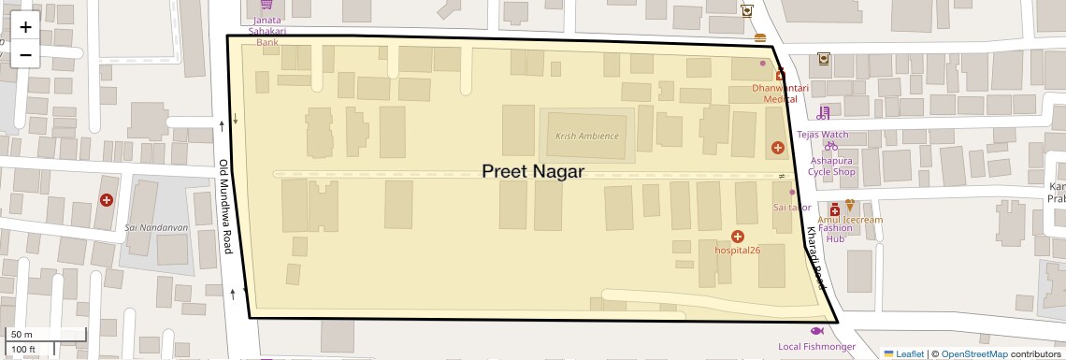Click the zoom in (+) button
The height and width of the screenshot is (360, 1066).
pos(25,27)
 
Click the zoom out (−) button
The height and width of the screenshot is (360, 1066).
pos(25,53)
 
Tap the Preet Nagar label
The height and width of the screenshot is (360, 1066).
pos(533,172)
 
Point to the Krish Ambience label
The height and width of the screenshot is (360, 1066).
pos(587,136)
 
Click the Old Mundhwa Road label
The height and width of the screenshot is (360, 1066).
pos(224,206)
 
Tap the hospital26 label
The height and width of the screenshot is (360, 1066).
pos(738,250)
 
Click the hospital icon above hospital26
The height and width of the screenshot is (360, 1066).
pos(738,236)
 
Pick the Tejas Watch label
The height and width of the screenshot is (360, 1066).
pos(822,135)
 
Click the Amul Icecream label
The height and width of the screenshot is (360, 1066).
pos(851,220)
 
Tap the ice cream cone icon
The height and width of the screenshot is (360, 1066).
pos(850,206)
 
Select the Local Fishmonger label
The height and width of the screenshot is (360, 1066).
pos(816,347)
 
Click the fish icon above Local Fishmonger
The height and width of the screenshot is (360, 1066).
pos(816,331)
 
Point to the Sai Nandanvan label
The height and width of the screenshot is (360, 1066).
pos(156,227)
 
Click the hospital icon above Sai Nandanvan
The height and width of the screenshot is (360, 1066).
pos(107,200)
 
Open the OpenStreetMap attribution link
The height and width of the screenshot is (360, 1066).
pos(974,354)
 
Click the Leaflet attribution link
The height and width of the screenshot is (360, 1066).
pos(904,354)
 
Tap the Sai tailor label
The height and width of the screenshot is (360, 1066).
pos(791,207)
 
